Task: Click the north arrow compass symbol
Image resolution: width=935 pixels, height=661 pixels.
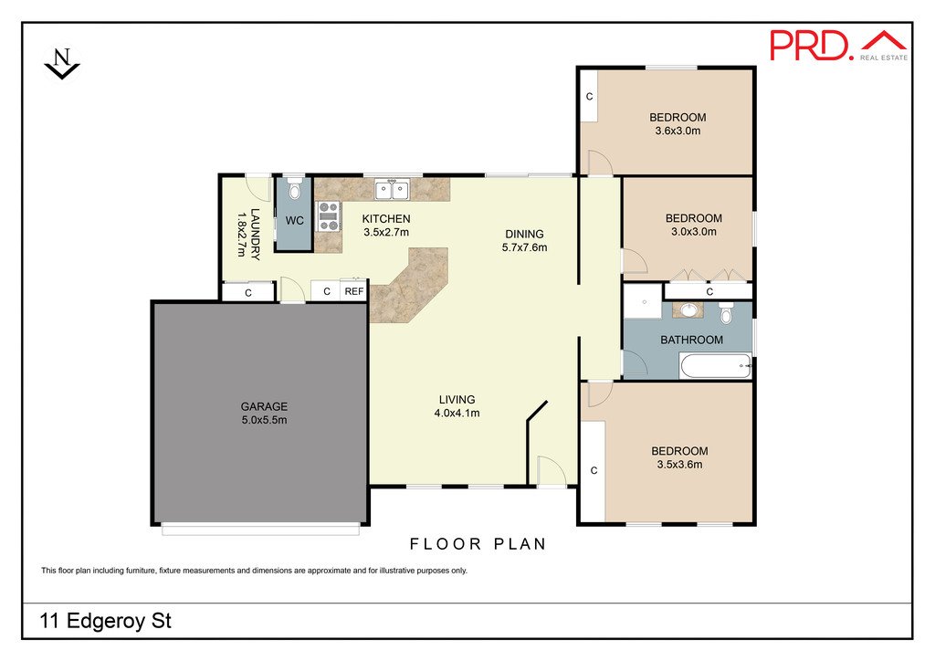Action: pos(62,63)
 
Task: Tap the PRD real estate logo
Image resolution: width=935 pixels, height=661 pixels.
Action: pos(838,46)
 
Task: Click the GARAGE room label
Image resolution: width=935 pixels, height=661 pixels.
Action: pos(264,406)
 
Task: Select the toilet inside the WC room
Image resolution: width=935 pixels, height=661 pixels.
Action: pos(293,188)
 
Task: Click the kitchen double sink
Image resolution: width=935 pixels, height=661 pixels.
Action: pos(392,190)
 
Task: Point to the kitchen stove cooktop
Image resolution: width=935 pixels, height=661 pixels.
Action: pos(328,216)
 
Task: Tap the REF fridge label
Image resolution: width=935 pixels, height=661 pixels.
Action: pos(354,291)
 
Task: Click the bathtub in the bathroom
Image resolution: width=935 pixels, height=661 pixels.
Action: pos(716,365)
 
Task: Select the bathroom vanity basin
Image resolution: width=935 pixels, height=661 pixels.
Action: pos(688,310)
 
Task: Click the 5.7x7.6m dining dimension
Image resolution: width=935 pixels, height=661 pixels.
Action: pos(524,247)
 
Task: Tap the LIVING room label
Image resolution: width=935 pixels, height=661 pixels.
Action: pos(457,399)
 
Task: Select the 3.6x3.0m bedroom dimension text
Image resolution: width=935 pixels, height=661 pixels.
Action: pos(678,131)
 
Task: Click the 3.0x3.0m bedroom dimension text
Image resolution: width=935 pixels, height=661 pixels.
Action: pos(694,232)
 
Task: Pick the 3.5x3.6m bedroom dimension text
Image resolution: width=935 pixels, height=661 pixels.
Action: pos(679,465)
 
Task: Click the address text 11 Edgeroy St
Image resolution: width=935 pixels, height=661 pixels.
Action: pos(106,621)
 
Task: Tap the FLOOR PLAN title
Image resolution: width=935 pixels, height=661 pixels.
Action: pos(478,544)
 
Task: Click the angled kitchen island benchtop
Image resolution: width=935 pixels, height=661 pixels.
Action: pos(409,286)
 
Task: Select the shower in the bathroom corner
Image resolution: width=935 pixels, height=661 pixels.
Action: pos(643,302)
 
